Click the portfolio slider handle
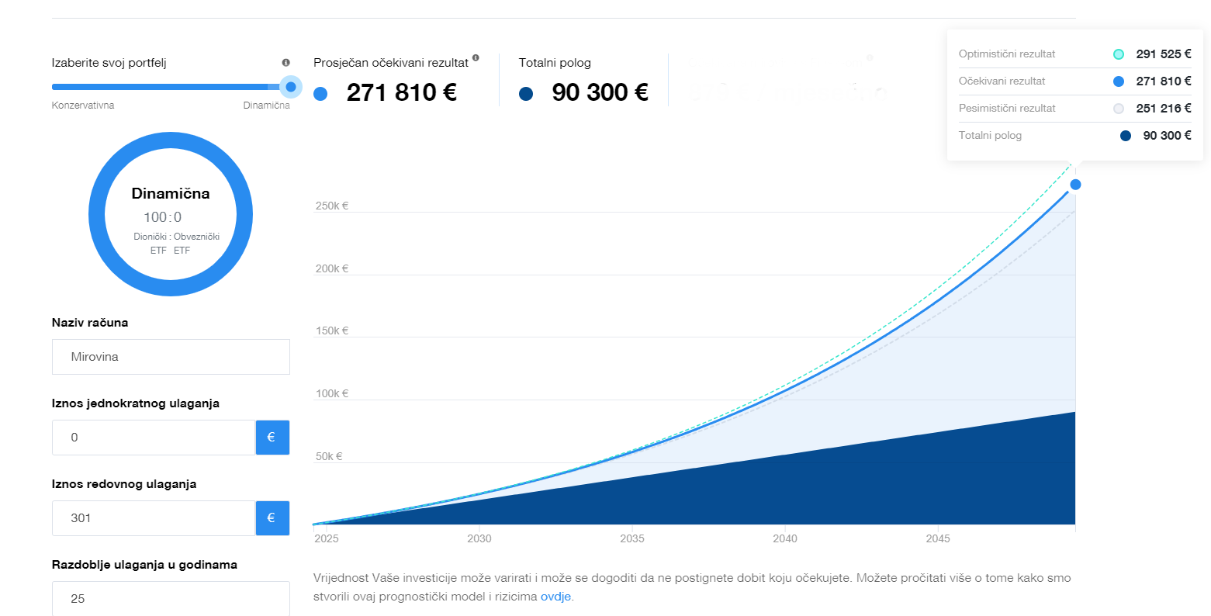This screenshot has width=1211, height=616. pos(291,87)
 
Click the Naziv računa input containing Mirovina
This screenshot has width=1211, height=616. pos(171,357)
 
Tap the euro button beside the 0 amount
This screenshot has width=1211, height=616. pos(272,437)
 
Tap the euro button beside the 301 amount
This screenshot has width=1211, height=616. pos(272,518)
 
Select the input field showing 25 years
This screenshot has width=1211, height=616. pos(171,598)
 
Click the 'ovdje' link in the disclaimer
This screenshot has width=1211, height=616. pos(555,597)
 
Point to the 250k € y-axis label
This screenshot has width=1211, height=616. pos(332,206)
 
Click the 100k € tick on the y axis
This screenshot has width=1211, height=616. pos(332,393)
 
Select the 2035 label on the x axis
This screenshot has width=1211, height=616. pos(632,538)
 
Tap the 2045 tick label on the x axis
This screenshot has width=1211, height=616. pos(937,538)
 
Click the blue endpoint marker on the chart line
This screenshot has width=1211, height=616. pos(1075,185)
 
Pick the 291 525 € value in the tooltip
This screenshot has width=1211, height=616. pos(1164,54)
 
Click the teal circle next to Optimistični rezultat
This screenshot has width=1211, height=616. pos(1119,54)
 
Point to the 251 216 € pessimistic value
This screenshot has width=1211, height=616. pos(1164,108)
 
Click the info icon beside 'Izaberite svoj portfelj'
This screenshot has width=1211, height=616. pos(286,63)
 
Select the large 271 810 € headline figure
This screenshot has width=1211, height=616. pos(402,92)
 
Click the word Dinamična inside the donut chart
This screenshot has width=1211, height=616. pos(171,193)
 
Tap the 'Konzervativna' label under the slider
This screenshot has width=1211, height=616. pos(83,105)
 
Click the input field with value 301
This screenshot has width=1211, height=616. pos(154,518)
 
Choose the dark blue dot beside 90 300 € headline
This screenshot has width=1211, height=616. pos(525,94)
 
